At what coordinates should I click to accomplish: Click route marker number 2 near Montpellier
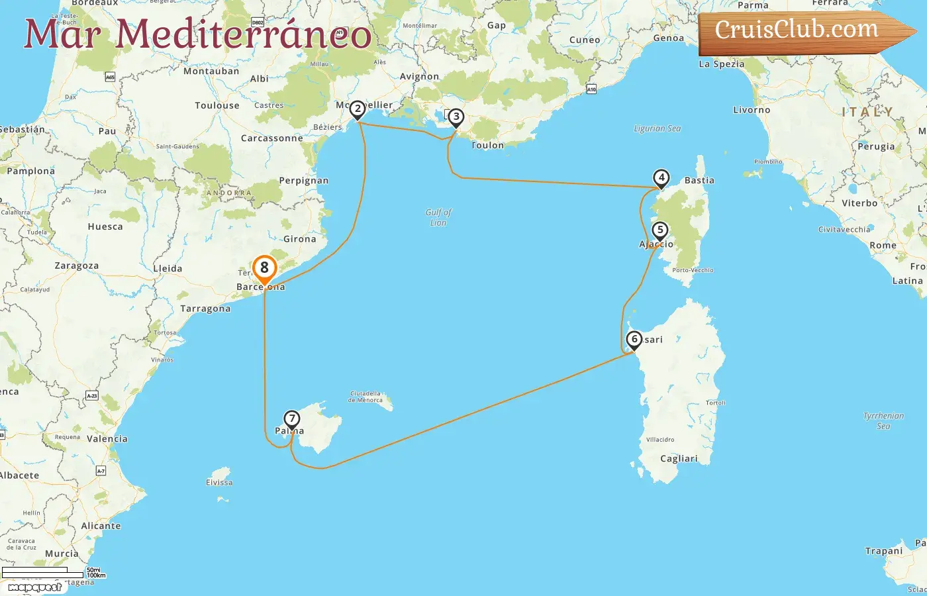pos(358,109)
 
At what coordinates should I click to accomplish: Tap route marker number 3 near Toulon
pos(456,117)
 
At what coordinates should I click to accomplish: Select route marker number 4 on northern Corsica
pos(661,177)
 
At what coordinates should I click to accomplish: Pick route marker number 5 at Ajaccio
pos(659,230)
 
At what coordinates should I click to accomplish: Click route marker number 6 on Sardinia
pos(634,340)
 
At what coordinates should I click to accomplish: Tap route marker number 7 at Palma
pos(291,419)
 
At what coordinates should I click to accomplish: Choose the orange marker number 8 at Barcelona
pos(264,268)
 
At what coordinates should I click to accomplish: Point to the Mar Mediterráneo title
pos(197,34)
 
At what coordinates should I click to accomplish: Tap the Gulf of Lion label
pos(438,217)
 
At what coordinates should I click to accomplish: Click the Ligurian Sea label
pos(657,128)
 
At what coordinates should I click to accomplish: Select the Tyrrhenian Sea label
pos(883,421)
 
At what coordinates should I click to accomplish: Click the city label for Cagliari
pos(679,458)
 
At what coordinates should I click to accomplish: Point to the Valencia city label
pos(107,438)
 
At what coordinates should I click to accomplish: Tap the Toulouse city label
pos(217,105)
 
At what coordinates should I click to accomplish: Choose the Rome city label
pos(883,245)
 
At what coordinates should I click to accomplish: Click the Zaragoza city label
pos(77,266)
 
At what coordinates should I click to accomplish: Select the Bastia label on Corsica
pos(699,180)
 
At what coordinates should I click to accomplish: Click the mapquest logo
pos(34,587)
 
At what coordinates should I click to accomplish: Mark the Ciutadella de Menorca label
pos(366,397)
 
